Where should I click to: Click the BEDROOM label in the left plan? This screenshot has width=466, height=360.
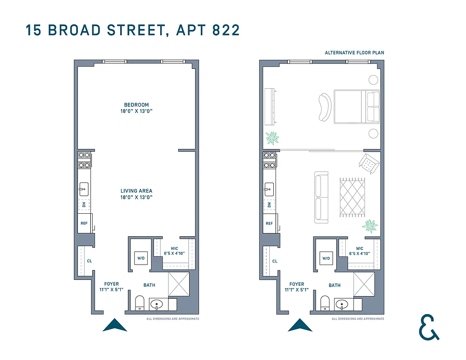[x=136, y=105]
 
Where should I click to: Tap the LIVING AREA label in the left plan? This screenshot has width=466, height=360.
[x=136, y=191]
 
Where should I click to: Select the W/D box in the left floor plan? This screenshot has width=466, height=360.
[x=140, y=258]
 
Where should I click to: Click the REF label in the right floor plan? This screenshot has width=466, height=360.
[x=269, y=224]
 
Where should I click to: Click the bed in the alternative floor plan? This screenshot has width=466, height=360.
[x=356, y=107]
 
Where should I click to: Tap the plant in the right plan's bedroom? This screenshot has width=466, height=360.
[x=272, y=138]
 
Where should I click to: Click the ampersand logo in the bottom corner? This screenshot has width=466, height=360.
[x=428, y=327]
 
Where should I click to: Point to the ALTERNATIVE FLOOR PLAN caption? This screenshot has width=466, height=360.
[x=354, y=53]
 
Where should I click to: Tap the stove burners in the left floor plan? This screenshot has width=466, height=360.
[x=84, y=160]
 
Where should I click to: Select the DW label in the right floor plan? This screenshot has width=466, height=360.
[x=269, y=205]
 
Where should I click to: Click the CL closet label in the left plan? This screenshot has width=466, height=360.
[x=89, y=261]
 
